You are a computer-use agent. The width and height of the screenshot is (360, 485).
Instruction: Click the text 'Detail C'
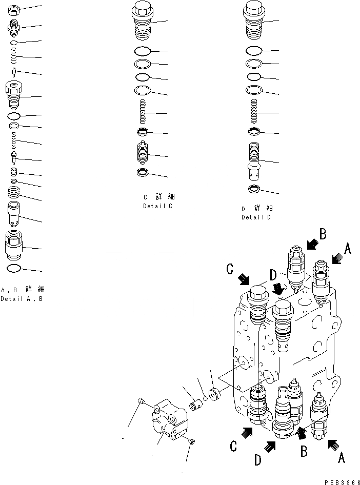point(157,206)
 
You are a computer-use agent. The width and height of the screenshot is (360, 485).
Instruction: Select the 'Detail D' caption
point(256,217)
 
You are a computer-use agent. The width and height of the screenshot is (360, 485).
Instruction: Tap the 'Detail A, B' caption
point(21,299)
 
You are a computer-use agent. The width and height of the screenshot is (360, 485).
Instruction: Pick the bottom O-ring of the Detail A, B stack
point(14,269)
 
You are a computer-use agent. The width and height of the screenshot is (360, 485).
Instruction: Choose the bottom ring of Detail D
point(254,191)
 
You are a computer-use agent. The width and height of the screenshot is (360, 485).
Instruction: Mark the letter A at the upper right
point(347,249)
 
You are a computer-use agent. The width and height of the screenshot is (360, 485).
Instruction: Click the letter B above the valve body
point(323,234)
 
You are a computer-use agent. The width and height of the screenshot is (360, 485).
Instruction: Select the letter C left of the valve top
point(229,269)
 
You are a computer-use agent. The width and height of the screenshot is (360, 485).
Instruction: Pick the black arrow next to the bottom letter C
point(246,433)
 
